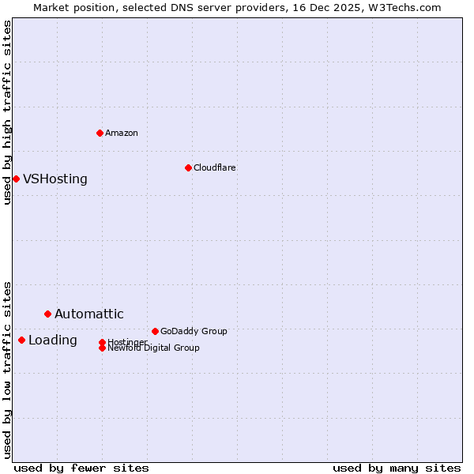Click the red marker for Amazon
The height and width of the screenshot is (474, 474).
(x=100, y=133)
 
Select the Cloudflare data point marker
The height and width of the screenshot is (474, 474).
(x=188, y=167)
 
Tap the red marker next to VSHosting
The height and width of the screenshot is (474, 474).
(x=16, y=179)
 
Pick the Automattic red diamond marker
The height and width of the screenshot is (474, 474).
(x=47, y=314)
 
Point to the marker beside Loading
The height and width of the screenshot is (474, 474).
(x=21, y=340)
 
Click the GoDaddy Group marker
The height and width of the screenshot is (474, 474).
(x=155, y=331)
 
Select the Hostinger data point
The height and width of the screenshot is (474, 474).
(x=102, y=342)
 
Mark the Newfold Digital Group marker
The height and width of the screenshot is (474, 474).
(x=102, y=348)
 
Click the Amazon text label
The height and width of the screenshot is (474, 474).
(x=122, y=133)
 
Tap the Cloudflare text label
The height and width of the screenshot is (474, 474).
(x=214, y=167)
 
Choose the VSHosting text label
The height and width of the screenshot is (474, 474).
(x=55, y=179)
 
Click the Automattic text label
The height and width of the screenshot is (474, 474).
(x=89, y=314)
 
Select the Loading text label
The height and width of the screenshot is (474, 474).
(x=53, y=340)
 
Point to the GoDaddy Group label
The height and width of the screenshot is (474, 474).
(x=194, y=331)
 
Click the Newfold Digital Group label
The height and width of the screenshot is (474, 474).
(x=153, y=348)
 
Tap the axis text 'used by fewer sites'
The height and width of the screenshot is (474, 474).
(x=81, y=468)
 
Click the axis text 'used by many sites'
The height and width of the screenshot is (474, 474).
(x=397, y=468)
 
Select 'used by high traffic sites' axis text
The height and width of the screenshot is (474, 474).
(x=7, y=112)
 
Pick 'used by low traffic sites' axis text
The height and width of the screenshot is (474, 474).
(x=7, y=370)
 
